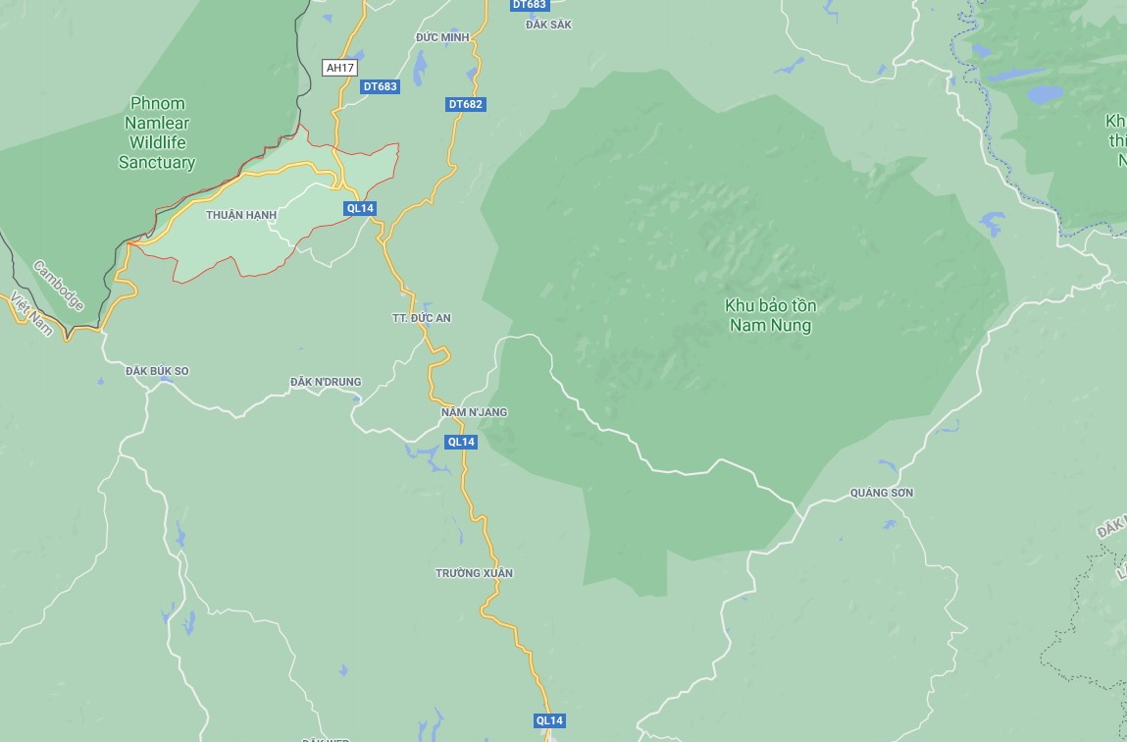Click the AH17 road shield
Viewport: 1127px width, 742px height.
coord(340,68)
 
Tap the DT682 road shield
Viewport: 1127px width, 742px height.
coord(466,104)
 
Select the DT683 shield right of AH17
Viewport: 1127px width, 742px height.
coord(380,86)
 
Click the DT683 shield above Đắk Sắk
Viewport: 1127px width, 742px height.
coord(529,5)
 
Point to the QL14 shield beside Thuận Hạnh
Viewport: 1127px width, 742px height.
coord(361,208)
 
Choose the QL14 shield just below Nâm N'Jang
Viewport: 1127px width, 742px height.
coord(461,442)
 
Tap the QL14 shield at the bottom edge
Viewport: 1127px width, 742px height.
coord(549,720)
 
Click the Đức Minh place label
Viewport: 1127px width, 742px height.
coord(442,37)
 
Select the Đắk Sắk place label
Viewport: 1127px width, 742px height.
coord(548,25)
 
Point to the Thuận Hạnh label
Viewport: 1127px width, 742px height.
coord(241,215)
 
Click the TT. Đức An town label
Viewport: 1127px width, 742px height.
coord(421,319)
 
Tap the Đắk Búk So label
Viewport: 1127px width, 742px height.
coord(157,371)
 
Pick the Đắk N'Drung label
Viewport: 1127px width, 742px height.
coord(326,382)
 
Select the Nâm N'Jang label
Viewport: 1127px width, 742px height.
coord(475,412)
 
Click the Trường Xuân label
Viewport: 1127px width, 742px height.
coord(475,573)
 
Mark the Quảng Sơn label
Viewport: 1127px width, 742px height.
coord(882,493)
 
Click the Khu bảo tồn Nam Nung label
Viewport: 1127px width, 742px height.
coord(771,315)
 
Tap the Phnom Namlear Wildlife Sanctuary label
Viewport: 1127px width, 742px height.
coord(157,133)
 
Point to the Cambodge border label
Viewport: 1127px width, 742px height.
coord(59,285)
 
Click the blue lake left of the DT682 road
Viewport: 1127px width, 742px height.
coord(421,69)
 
